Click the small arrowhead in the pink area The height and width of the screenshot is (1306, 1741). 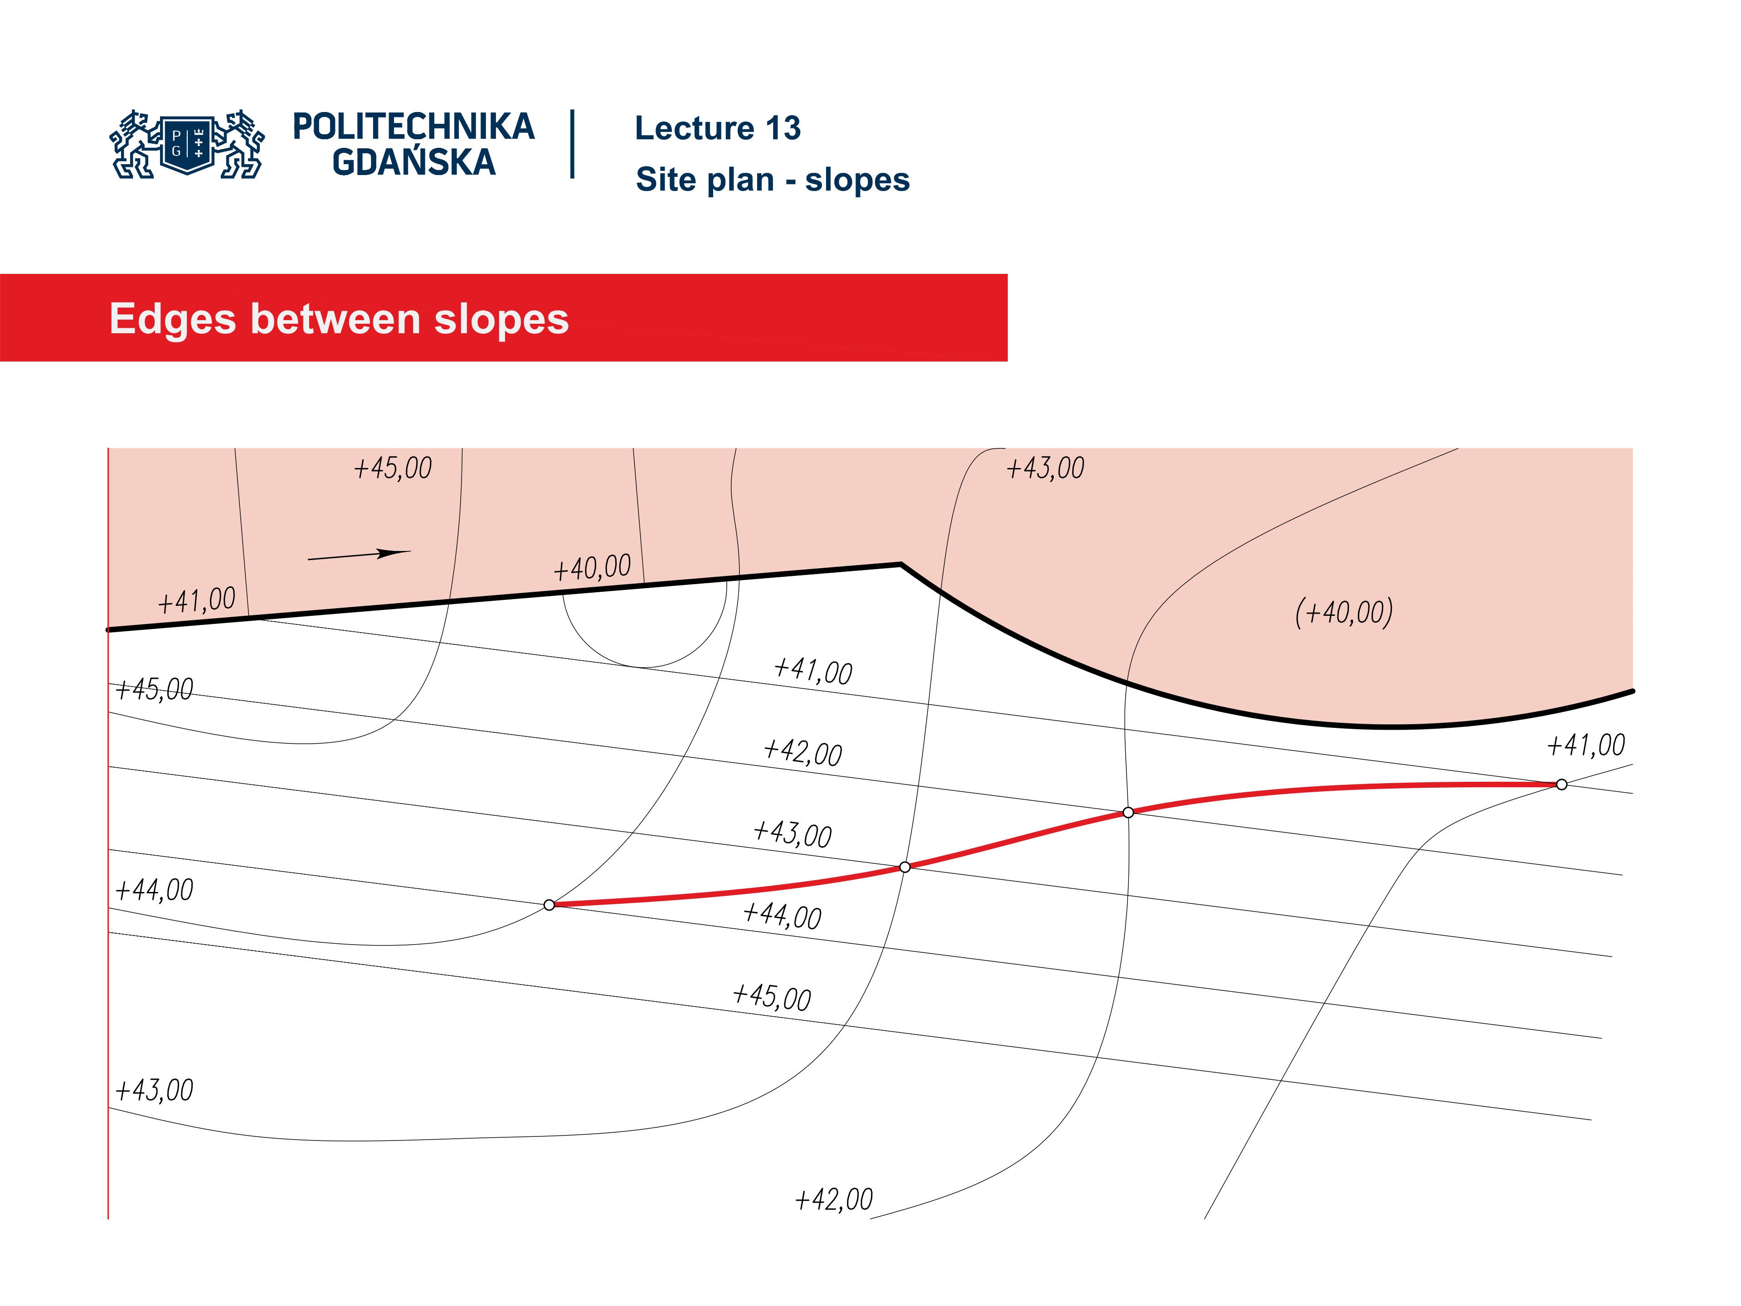point(394,553)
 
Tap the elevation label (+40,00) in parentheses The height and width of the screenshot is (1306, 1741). point(1343,612)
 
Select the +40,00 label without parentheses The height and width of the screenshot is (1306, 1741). point(592,568)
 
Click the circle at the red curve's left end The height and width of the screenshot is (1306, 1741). point(550,905)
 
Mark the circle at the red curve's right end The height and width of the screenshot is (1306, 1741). point(1561,784)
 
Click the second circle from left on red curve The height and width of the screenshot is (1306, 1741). point(905,867)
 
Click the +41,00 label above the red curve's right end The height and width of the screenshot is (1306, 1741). point(1586,745)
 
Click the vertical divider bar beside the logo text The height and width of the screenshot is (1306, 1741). point(572,144)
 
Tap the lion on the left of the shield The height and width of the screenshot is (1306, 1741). point(133,145)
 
